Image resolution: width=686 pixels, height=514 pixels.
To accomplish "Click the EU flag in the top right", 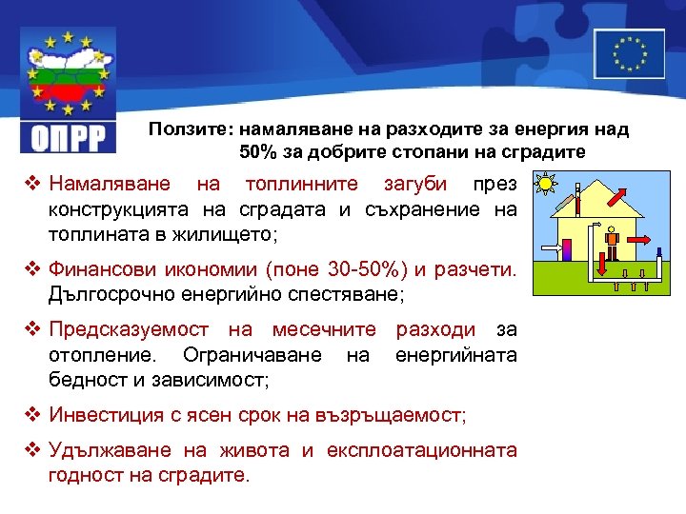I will pos(628,52).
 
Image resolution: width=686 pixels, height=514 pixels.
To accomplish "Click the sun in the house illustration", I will pos(545,183).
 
